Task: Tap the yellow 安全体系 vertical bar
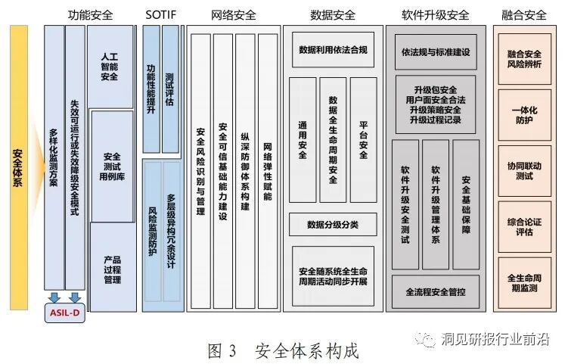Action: (x=18, y=167)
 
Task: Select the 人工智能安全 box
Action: (x=110, y=67)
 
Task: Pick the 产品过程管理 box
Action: (x=111, y=269)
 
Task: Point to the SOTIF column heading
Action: (x=160, y=14)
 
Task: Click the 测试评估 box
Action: (x=170, y=89)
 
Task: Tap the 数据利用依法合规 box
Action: (x=333, y=51)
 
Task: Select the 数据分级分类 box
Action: (x=333, y=224)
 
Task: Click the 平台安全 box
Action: (x=363, y=139)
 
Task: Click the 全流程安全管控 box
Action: (x=435, y=291)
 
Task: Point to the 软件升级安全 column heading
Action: (x=435, y=14)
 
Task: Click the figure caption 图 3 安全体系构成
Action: (x=283, y=350)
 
